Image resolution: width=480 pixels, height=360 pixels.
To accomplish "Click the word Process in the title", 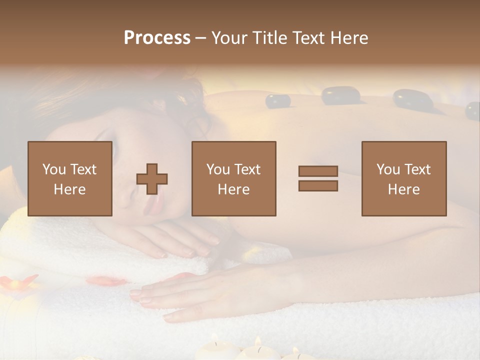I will tap(157, 38).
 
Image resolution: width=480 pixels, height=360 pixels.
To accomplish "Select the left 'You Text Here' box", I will tap(70, 178).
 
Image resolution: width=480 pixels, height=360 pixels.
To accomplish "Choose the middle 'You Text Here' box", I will tap(234, 178).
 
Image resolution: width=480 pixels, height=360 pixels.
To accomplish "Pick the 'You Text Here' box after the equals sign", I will tap(404, 178).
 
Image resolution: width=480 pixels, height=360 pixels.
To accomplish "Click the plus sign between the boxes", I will tap(152, 179).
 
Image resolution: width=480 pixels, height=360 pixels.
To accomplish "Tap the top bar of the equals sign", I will tap(318, 171).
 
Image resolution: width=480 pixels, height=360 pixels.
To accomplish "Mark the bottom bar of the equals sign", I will tap(318, 185).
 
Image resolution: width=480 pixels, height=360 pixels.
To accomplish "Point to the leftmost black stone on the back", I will tap(278, 101).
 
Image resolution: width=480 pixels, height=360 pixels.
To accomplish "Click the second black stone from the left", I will tap(341, 95).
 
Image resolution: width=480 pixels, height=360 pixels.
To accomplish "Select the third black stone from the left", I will tap(412, 98).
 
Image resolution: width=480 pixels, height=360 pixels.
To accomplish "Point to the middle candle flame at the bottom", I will tap(258, 341).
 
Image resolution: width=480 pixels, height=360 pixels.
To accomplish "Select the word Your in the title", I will tap(228, 38).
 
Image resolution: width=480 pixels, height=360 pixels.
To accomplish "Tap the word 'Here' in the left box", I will tap(70, 189).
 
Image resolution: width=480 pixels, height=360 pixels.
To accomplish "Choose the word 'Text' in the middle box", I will tap(247, 169).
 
